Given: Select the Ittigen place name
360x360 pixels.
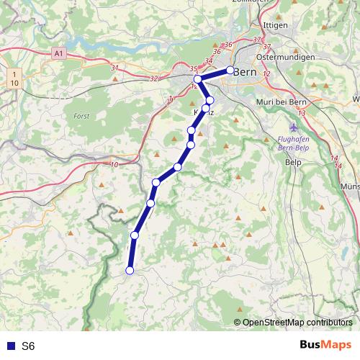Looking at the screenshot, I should coord(276,24).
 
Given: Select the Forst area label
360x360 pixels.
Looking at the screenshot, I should coord(81,115).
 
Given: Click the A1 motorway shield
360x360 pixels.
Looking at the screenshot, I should coord(60,53).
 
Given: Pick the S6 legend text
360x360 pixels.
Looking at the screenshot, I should coord(28,346).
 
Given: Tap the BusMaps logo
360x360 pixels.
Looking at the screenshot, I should coord(326,345).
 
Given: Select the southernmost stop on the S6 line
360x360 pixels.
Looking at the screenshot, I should coord(130,270).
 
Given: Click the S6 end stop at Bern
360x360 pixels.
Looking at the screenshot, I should coord(230,70).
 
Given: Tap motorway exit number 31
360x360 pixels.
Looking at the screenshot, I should coord(114,68).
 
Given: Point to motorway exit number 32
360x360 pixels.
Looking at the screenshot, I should coord(154,78).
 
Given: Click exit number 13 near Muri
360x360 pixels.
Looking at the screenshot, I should coord(301,113).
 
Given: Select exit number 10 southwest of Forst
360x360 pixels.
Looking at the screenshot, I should coord(114,166).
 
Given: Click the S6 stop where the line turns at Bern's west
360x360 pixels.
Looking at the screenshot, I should coord(197,79).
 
